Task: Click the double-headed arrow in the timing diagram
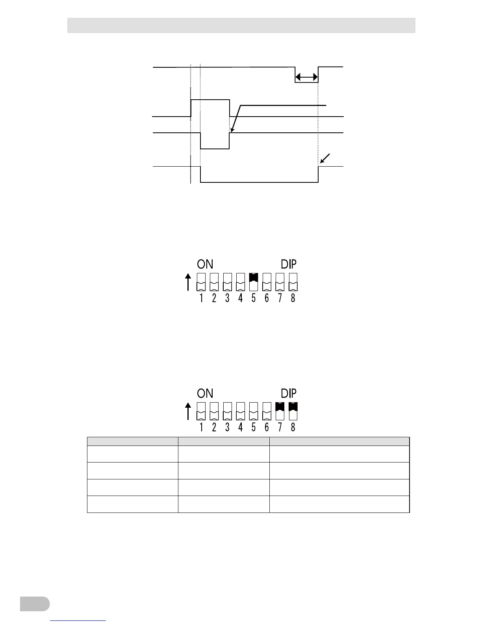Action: pos(307,77)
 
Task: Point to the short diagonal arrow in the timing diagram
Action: pos(325,159)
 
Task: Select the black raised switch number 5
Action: pos(254,277)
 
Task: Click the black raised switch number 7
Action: pos(280,406)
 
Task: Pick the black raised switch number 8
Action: pos(293,406)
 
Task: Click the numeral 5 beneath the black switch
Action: pos(254,298)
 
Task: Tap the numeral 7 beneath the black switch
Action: pos(280,427)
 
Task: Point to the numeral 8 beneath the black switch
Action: pos(293,427)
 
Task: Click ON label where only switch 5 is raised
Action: pos(205,264)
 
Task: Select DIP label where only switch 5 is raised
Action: pos(289,264)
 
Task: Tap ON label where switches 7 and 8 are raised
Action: pos(205,394)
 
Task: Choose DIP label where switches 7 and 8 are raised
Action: pos(289,394)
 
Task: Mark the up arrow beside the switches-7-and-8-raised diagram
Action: pos(188,411)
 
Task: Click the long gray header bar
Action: pos(241,25)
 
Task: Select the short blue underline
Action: pos(78,620)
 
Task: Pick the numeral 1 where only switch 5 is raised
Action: pos(201,298)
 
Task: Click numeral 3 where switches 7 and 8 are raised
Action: pos(227,427)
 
